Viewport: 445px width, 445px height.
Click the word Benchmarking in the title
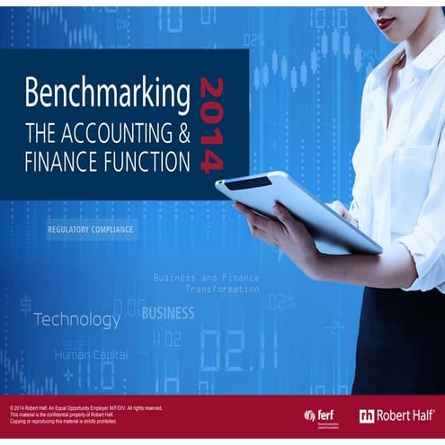pos(107,94)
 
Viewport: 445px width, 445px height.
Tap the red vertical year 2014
pos(213,123)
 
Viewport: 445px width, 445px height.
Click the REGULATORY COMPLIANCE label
pos(90,230)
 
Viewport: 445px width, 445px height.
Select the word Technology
pos(76,319)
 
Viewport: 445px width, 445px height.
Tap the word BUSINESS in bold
pos(168,313)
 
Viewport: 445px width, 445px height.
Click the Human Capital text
pos(91,354)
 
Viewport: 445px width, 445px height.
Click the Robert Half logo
pos(397,414)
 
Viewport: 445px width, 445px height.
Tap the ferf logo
pos(322,414)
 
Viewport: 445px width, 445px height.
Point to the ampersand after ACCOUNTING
pos(182,134)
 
